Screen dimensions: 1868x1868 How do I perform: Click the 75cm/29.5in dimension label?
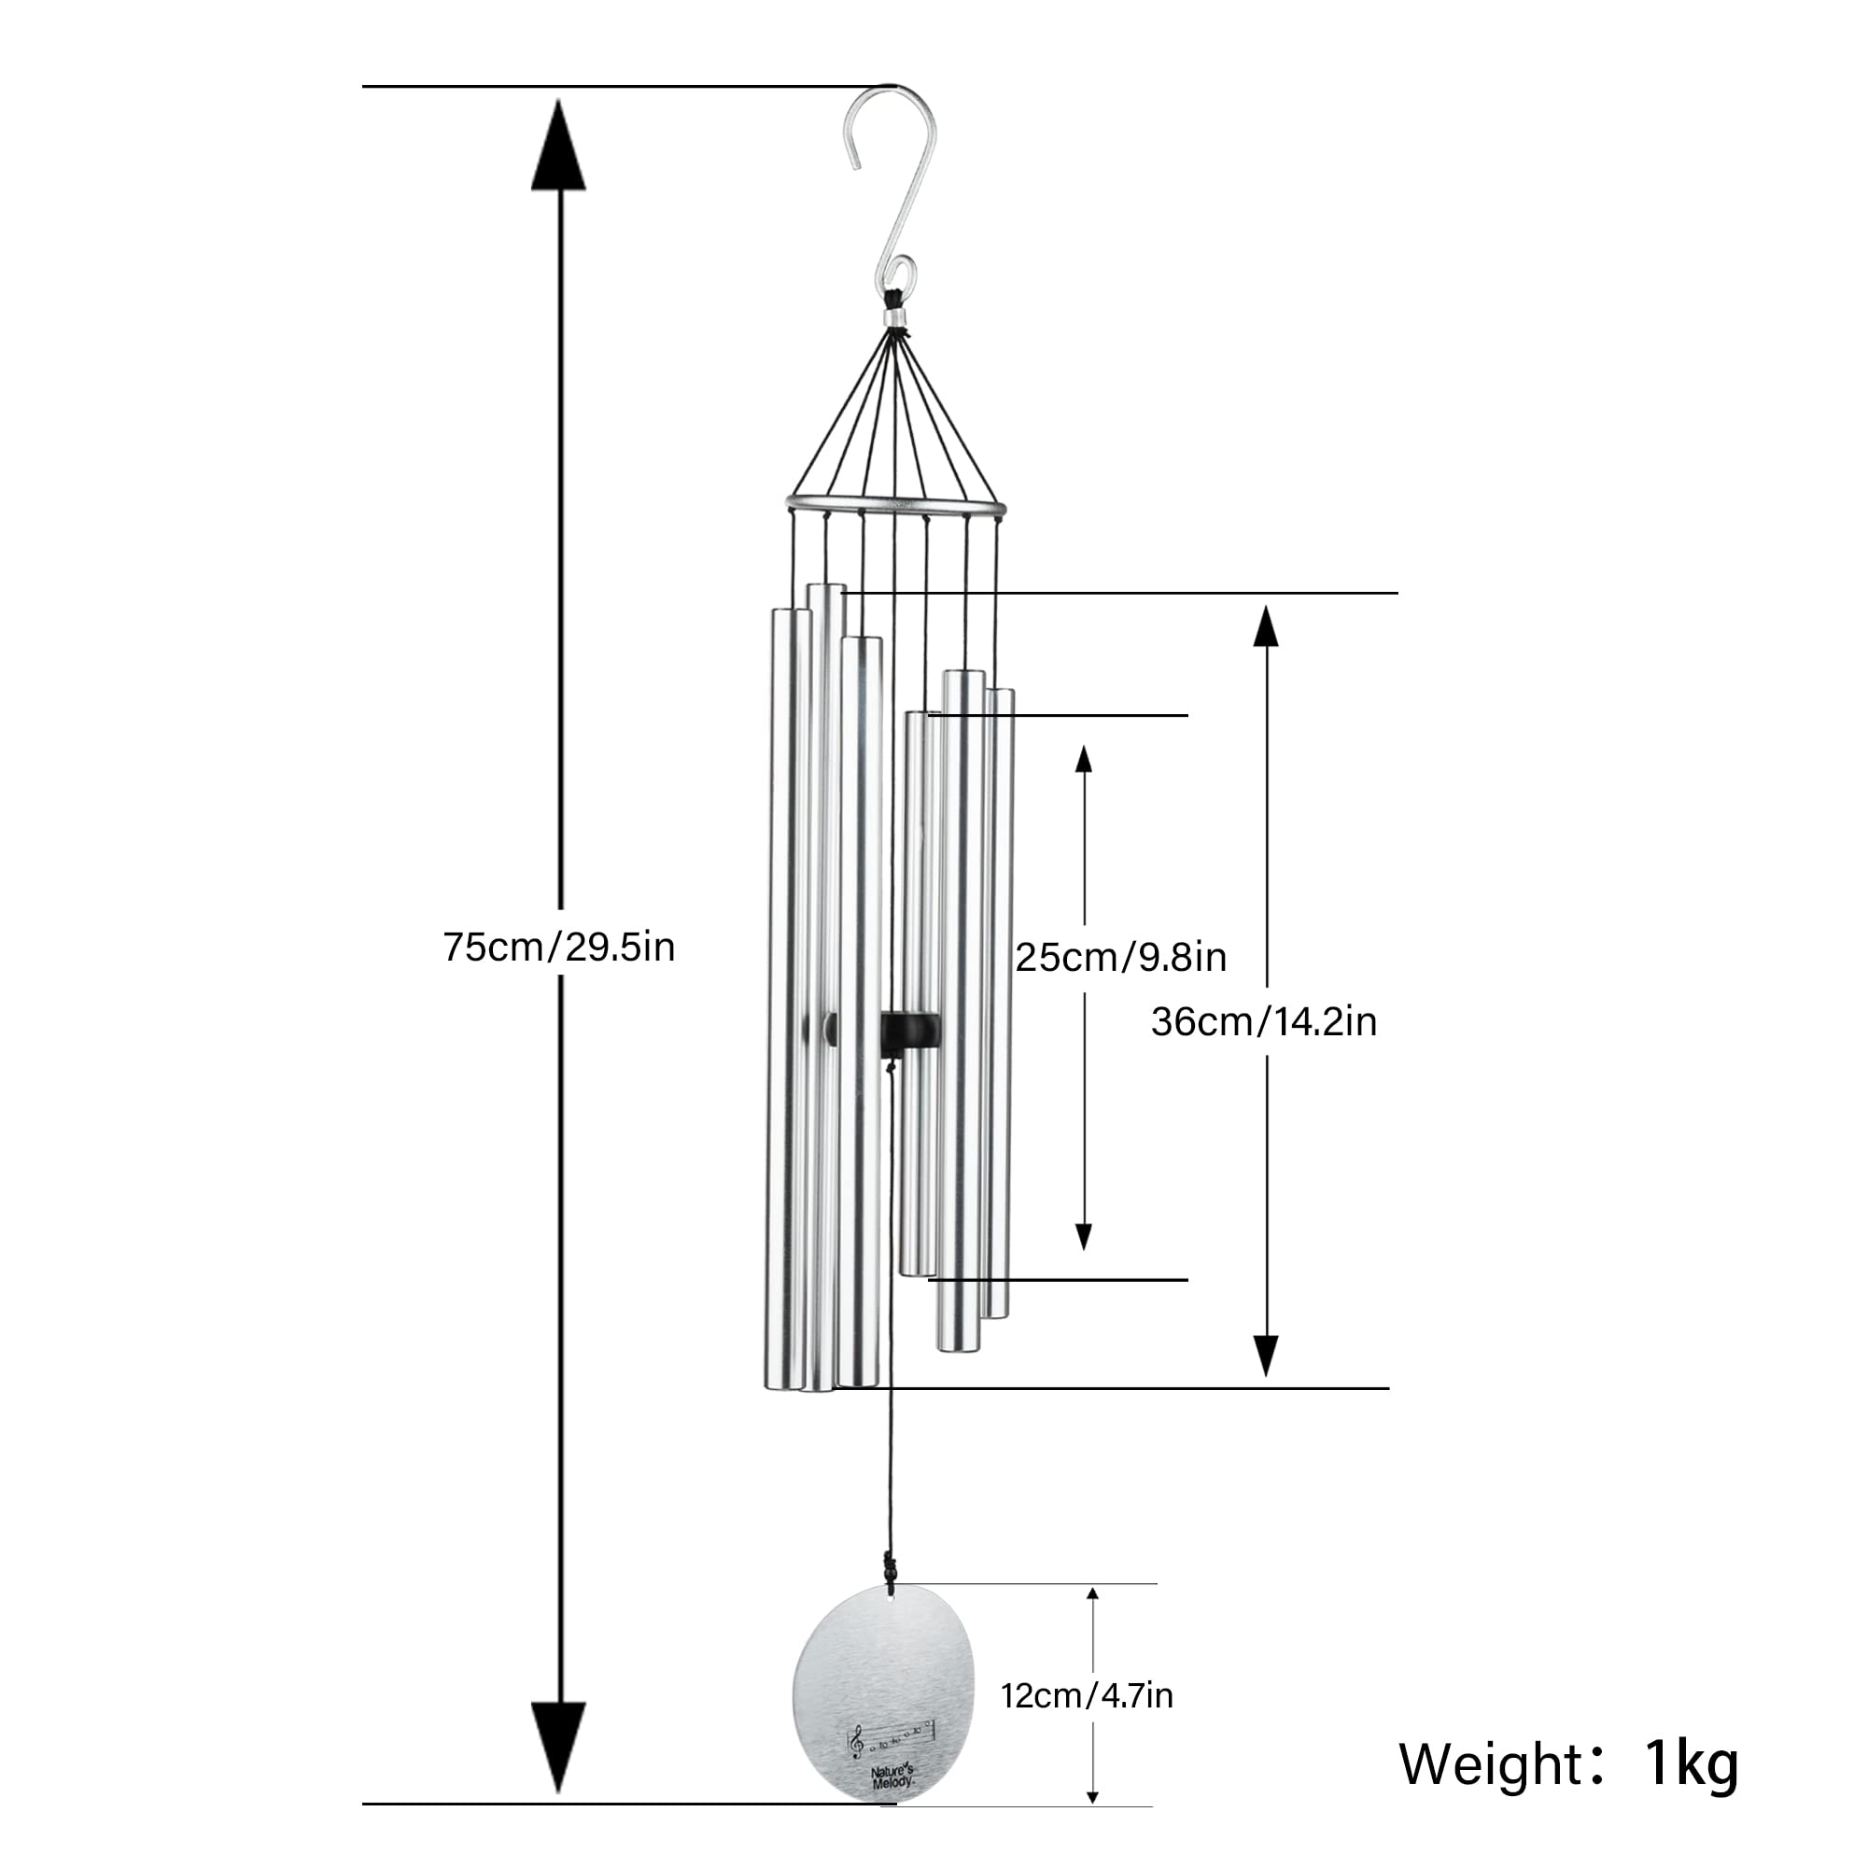(559, 947)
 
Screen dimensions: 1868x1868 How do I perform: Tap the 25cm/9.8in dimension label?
(1120, 957)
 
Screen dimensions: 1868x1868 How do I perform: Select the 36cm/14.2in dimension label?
(1264, 1022)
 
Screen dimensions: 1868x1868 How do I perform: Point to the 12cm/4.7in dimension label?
(1087, 1695)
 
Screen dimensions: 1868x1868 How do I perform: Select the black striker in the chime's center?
(910, 1030)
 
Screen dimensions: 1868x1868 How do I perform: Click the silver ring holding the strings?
(895, 504)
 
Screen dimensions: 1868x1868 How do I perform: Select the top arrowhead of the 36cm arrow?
(1266, 625)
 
